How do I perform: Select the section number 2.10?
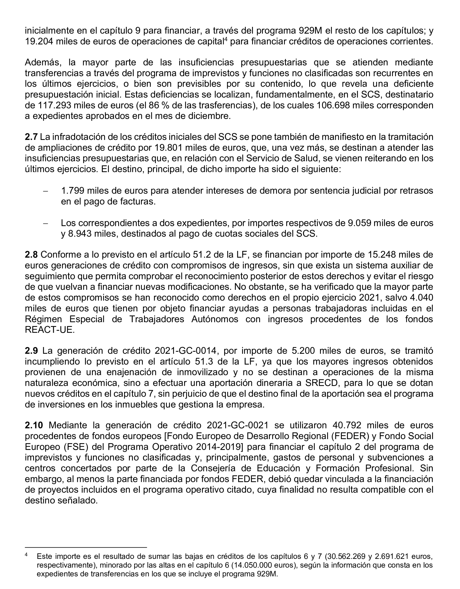click(x=34, y=425)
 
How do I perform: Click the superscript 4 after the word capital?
click(x=226, y=39)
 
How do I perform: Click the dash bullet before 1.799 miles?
click(x=45, y=191)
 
